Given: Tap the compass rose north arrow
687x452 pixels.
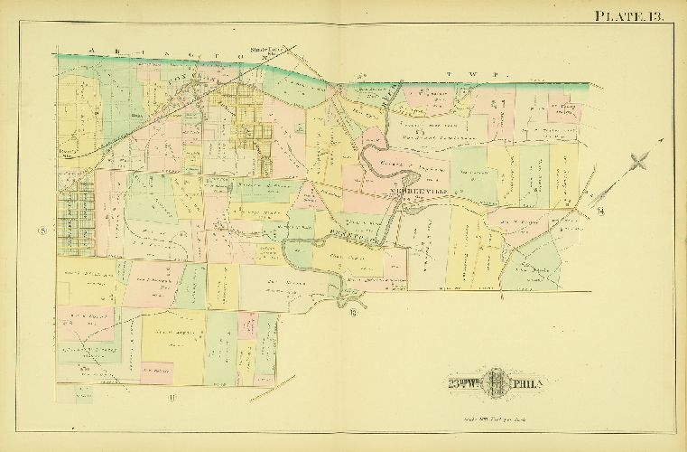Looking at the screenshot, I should (x=640, y=162).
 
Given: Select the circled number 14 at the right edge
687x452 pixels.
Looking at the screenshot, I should (x=600, y=212).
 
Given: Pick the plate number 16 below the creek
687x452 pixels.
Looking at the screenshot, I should (x=353, y=314).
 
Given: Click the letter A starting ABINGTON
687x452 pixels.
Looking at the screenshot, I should (x=91, y=50).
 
